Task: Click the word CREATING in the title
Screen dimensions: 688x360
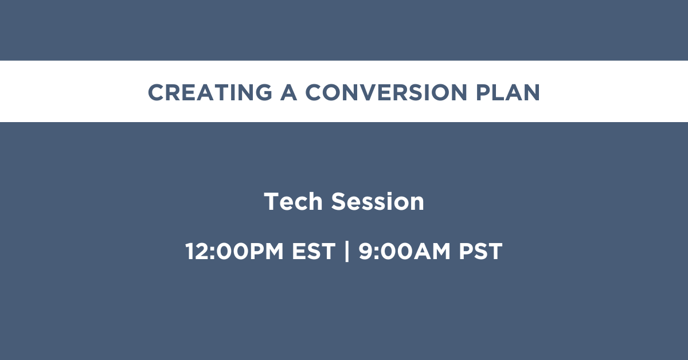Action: [x=210, y=92]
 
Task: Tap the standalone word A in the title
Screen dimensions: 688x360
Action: [x=289, y=92]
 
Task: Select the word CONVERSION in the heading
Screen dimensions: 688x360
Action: [x=386, y=92]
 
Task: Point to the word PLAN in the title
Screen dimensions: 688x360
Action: [x=508, y=92]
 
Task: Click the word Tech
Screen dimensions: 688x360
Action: [x=294, y=202]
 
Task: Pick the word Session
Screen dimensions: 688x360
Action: [x=377, y=202]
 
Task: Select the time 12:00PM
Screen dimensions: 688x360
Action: [x=234, y=251]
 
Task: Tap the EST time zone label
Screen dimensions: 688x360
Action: [x=314, y=251]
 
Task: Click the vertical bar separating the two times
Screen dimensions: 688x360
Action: [x=347, y=251]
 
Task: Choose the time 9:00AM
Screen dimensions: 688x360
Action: [x=405, y=251]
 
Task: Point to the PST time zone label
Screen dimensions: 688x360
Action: [x=480, y=251]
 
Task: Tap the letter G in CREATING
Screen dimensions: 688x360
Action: [x=263, y=92]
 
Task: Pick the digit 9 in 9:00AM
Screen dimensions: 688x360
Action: [x=366, y=251]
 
